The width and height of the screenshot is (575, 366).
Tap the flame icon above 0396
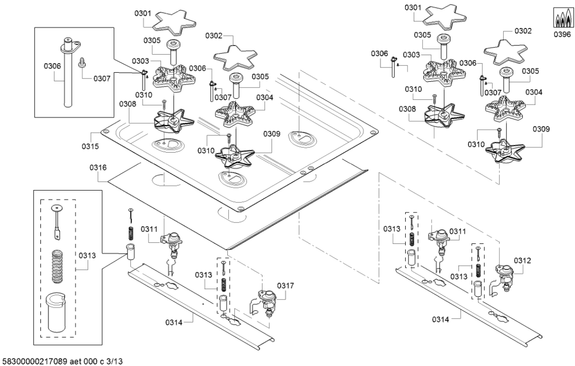click(x=562, y=19)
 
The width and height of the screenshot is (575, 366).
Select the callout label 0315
click(x=90, y=146)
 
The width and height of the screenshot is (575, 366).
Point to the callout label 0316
click(x=97, y=168)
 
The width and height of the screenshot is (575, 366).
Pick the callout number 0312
click(x=522, y=260)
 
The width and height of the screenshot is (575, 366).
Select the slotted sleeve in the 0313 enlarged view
click(x=58, y=314)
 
